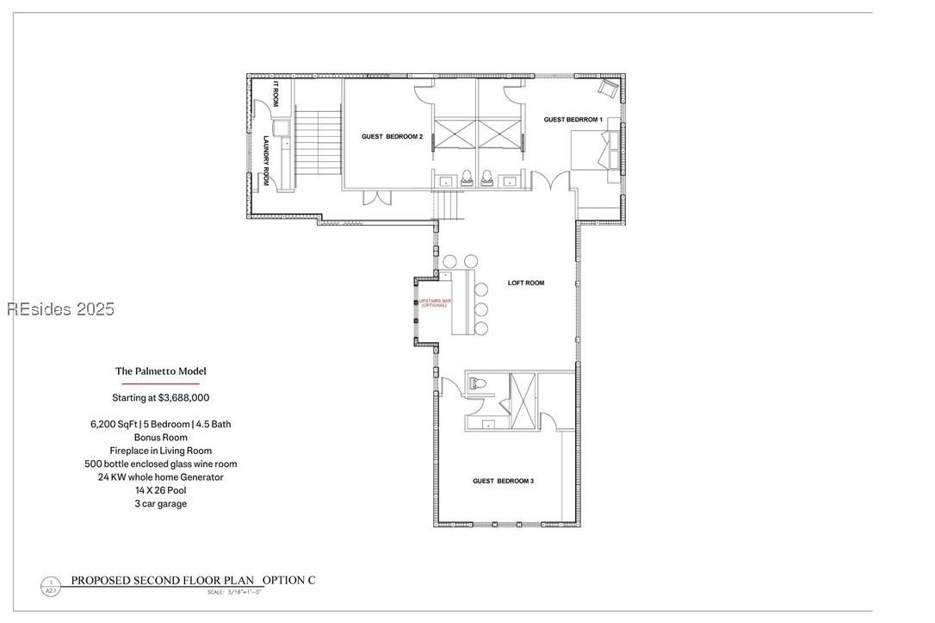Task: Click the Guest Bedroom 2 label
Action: tap(392, 136)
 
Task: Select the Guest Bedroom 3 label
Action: tap(503, 481)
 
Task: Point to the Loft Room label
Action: tap(525, 283)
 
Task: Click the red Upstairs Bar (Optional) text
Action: tap(434, 303)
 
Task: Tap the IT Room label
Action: tap(276, 95)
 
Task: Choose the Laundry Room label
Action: tap(267, 160)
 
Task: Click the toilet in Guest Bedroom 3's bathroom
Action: tap(478, 384)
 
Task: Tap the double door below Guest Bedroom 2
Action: tap(376, 197)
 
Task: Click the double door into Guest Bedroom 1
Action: tap(550, 182)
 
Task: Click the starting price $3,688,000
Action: tap(161, 398)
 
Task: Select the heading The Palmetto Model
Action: tap(161, 371)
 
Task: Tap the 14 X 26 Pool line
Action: tap(160, 490)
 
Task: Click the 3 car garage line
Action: tap(160, 504)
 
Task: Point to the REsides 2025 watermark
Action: tap(60, 309)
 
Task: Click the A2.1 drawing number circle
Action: tap(51, 587)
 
